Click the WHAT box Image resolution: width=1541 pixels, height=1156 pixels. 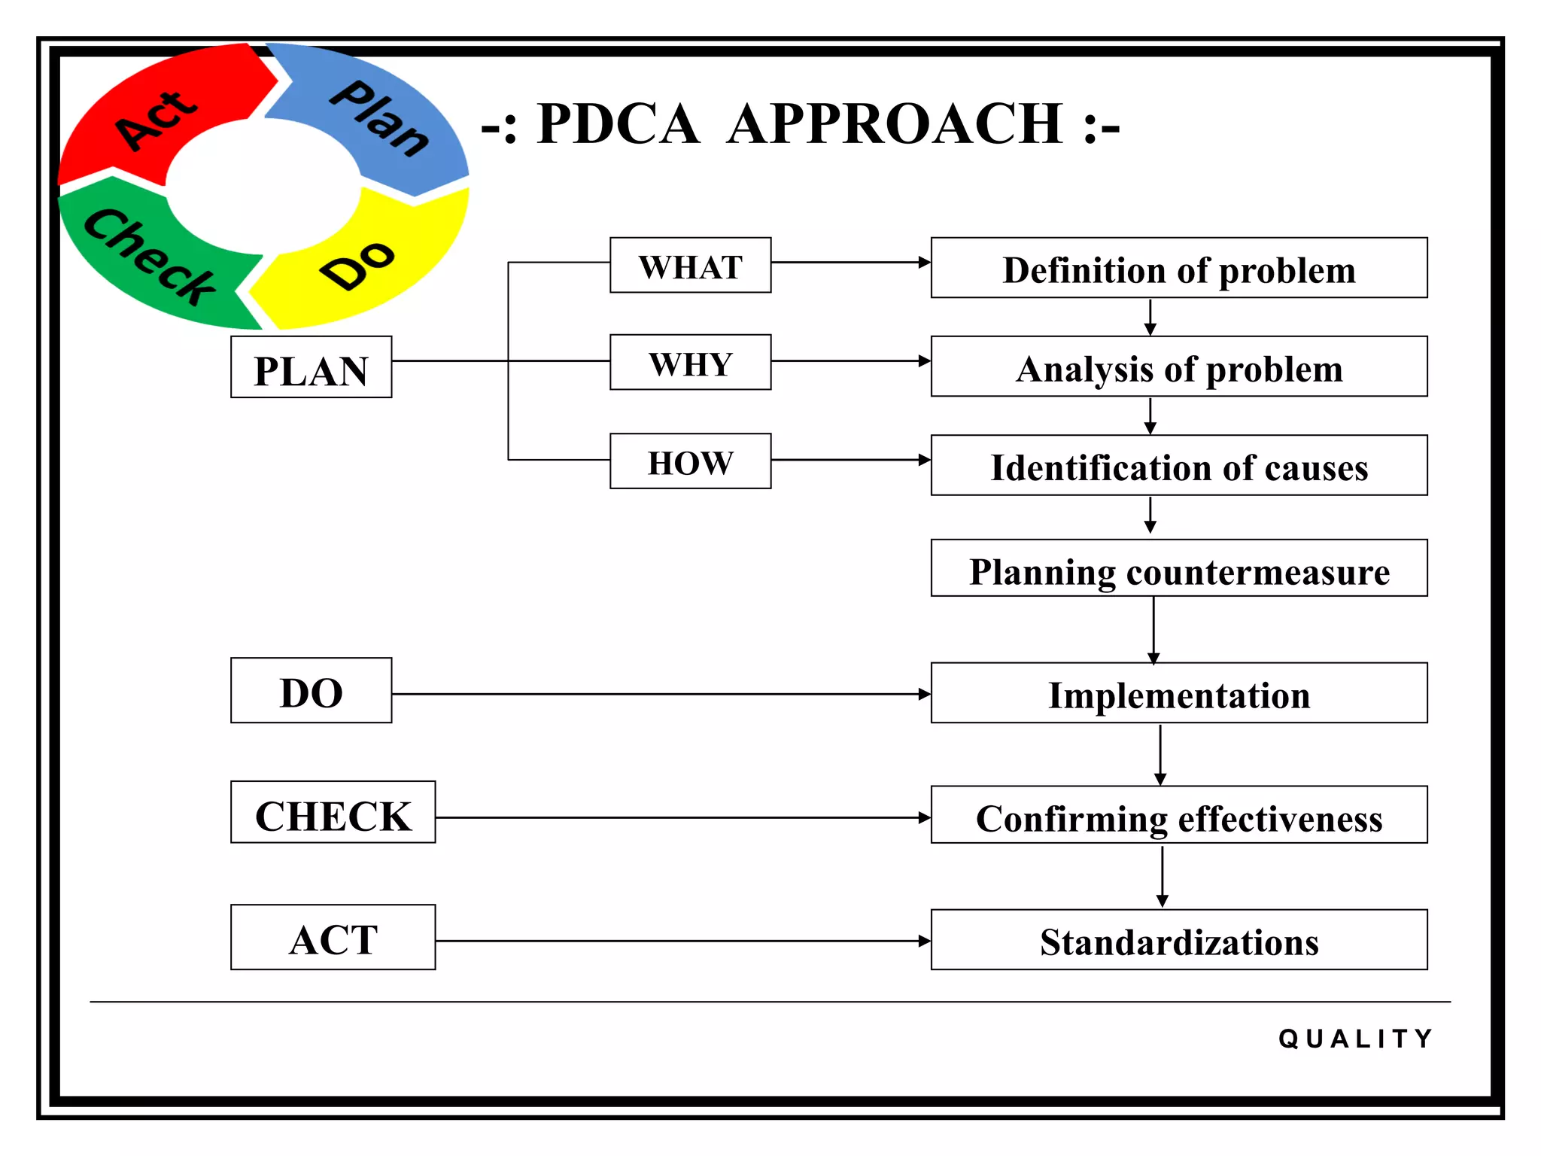coord(690,266)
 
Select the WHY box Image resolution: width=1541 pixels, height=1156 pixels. coord(690,363)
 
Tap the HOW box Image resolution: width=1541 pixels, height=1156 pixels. coord(690,461)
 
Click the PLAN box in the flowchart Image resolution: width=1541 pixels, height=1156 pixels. coord(311,368)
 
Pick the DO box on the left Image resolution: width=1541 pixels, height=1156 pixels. coord(311,691)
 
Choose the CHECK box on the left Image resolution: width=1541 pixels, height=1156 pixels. coord(333,813)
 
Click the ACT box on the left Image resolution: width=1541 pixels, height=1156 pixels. coord(333,938)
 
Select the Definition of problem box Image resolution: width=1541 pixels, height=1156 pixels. coord(1178,269)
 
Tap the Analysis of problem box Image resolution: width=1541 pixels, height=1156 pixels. coord(1178,367)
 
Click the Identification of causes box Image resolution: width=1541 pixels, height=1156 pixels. coord(1178,466)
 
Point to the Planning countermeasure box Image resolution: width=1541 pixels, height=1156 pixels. coord(1178,569)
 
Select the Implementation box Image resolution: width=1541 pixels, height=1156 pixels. coord(1178,693)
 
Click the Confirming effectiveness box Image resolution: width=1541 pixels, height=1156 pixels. coord(1178,816)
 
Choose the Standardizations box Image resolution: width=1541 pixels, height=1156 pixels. coord(1178,941)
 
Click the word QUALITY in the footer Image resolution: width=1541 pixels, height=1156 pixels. coord(1356,1039)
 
